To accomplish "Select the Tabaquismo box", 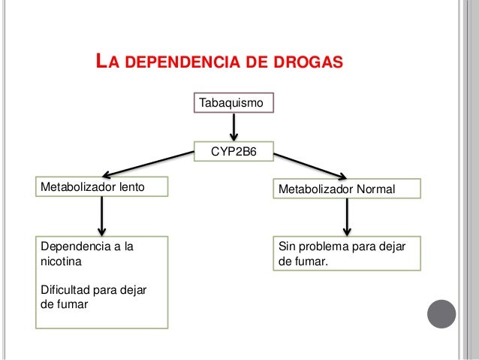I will coord(234,101).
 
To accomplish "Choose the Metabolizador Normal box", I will coord(347,188).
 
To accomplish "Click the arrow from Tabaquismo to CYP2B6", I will coord(235,127).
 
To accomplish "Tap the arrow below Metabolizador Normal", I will coord(347,218).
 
